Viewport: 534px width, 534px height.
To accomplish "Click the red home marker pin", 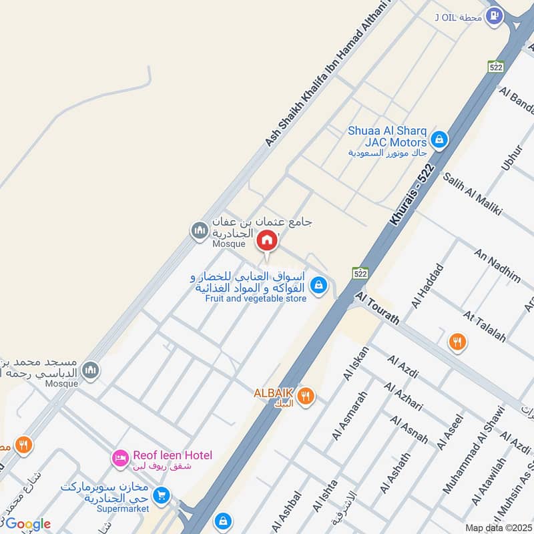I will (x=267, y=241).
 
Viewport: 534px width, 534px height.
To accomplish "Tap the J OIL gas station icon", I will (x=494, y=14).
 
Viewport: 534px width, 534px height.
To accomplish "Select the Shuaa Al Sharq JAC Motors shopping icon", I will (x=439, y=140).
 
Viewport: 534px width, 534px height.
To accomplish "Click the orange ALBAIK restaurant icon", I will (x=306, y=396).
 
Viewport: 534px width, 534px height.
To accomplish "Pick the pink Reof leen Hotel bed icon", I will (x=121, y=458).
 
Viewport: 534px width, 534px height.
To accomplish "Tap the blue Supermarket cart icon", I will (x=161, y=496).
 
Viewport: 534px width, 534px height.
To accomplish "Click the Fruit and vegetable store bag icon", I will (x=319, y=285).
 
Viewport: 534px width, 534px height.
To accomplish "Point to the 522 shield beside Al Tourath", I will (x=360, y=274).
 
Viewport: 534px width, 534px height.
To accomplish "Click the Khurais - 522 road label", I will (x=413, y=194).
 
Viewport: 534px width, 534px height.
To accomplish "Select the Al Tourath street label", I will (x=378, y=307).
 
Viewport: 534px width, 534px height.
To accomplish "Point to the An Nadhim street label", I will (x=497, y=265).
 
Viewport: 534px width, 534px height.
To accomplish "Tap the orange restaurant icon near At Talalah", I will (x=457, y=342).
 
